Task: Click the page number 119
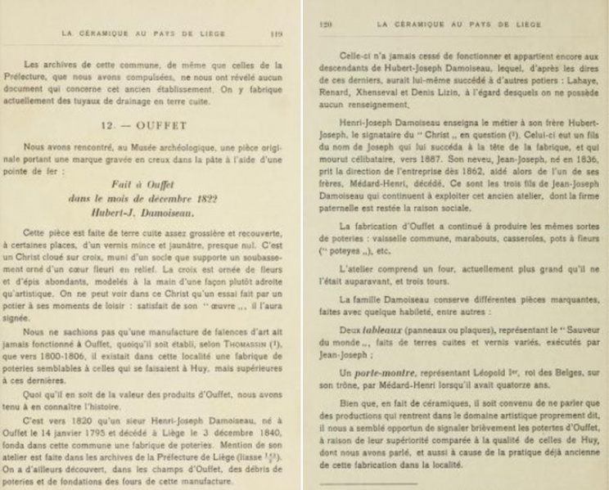pyautogui.click(x=276, y=35)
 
